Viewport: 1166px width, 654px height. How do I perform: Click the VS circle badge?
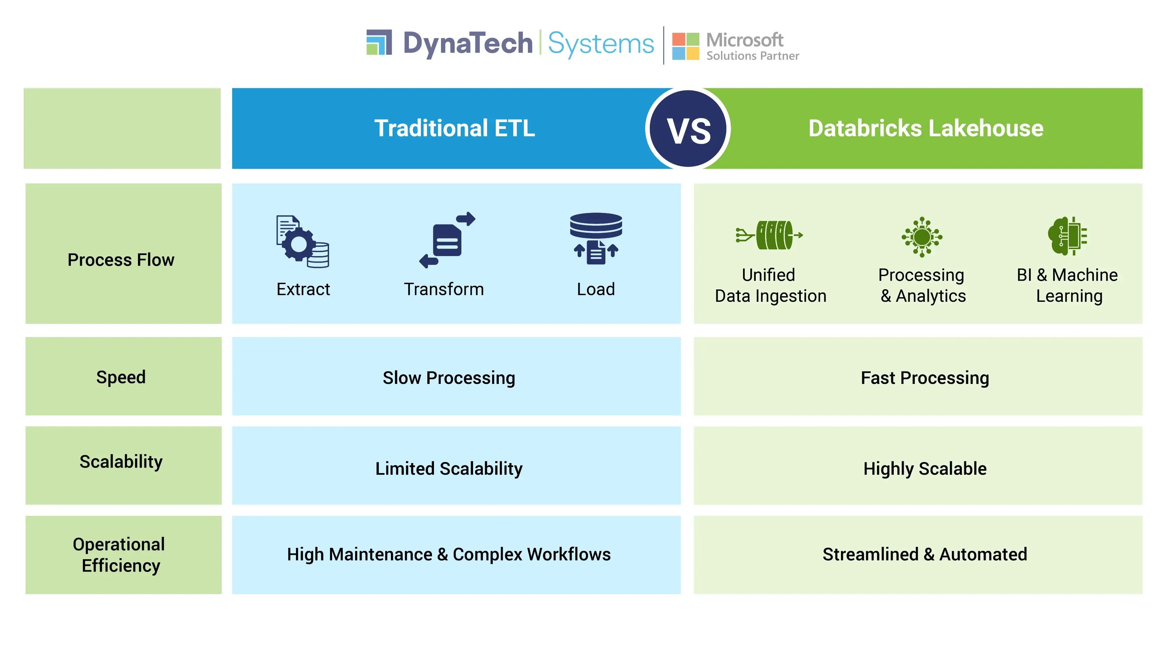[x=688, y=129]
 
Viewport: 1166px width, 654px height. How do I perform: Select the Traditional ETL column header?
[x=454, y=129]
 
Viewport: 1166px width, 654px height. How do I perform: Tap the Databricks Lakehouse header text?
[x=926, y=129]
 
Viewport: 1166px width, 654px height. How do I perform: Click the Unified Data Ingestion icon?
[x=769, y=235]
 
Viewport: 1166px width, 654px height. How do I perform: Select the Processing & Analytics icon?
[x=921, y=237]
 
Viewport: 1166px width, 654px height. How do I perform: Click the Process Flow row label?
[x=121, y=260]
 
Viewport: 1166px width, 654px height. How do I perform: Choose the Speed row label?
[x=121, y=377]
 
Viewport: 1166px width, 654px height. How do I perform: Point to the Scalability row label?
[x=121, y=462]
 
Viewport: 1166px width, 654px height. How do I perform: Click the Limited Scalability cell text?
[x=449, y=469]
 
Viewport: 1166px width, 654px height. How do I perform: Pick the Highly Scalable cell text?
[x=924, y=469]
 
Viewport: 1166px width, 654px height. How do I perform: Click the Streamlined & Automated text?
[x=924, y=555]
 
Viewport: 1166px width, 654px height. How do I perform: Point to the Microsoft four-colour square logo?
[x=685, y=46]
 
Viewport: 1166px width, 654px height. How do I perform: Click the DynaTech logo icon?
[x=379, y=42]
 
